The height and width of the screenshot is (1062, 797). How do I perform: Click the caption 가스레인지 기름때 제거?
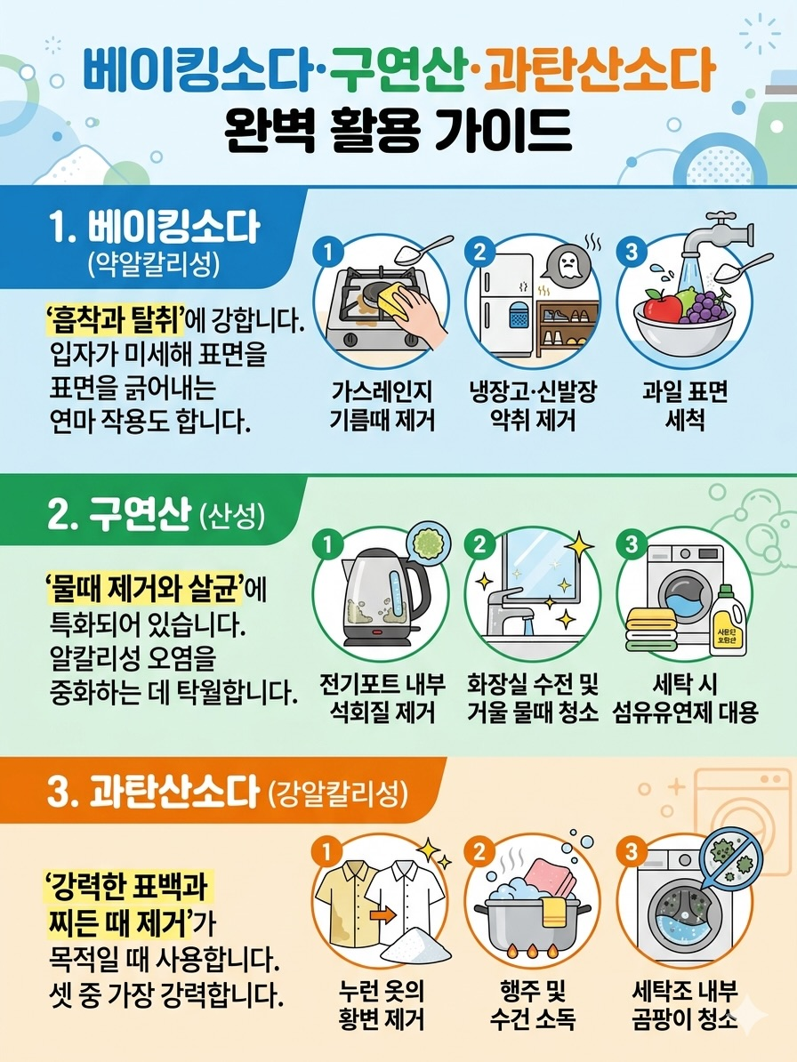point(382,406)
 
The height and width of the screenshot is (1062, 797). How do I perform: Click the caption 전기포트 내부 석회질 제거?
point(382,697)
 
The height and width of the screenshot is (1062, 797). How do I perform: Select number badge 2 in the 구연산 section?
point(479,544)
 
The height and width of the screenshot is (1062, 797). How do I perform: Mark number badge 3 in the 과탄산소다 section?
point(631,850)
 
